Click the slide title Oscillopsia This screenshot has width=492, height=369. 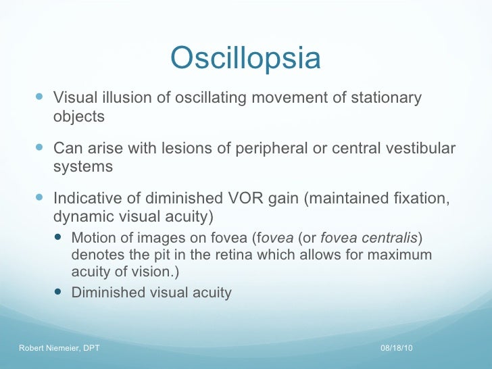point(245,58)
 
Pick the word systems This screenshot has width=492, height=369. point(83,166)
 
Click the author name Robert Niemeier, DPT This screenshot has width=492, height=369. point(59,347)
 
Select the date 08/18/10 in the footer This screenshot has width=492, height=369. point(396,347)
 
